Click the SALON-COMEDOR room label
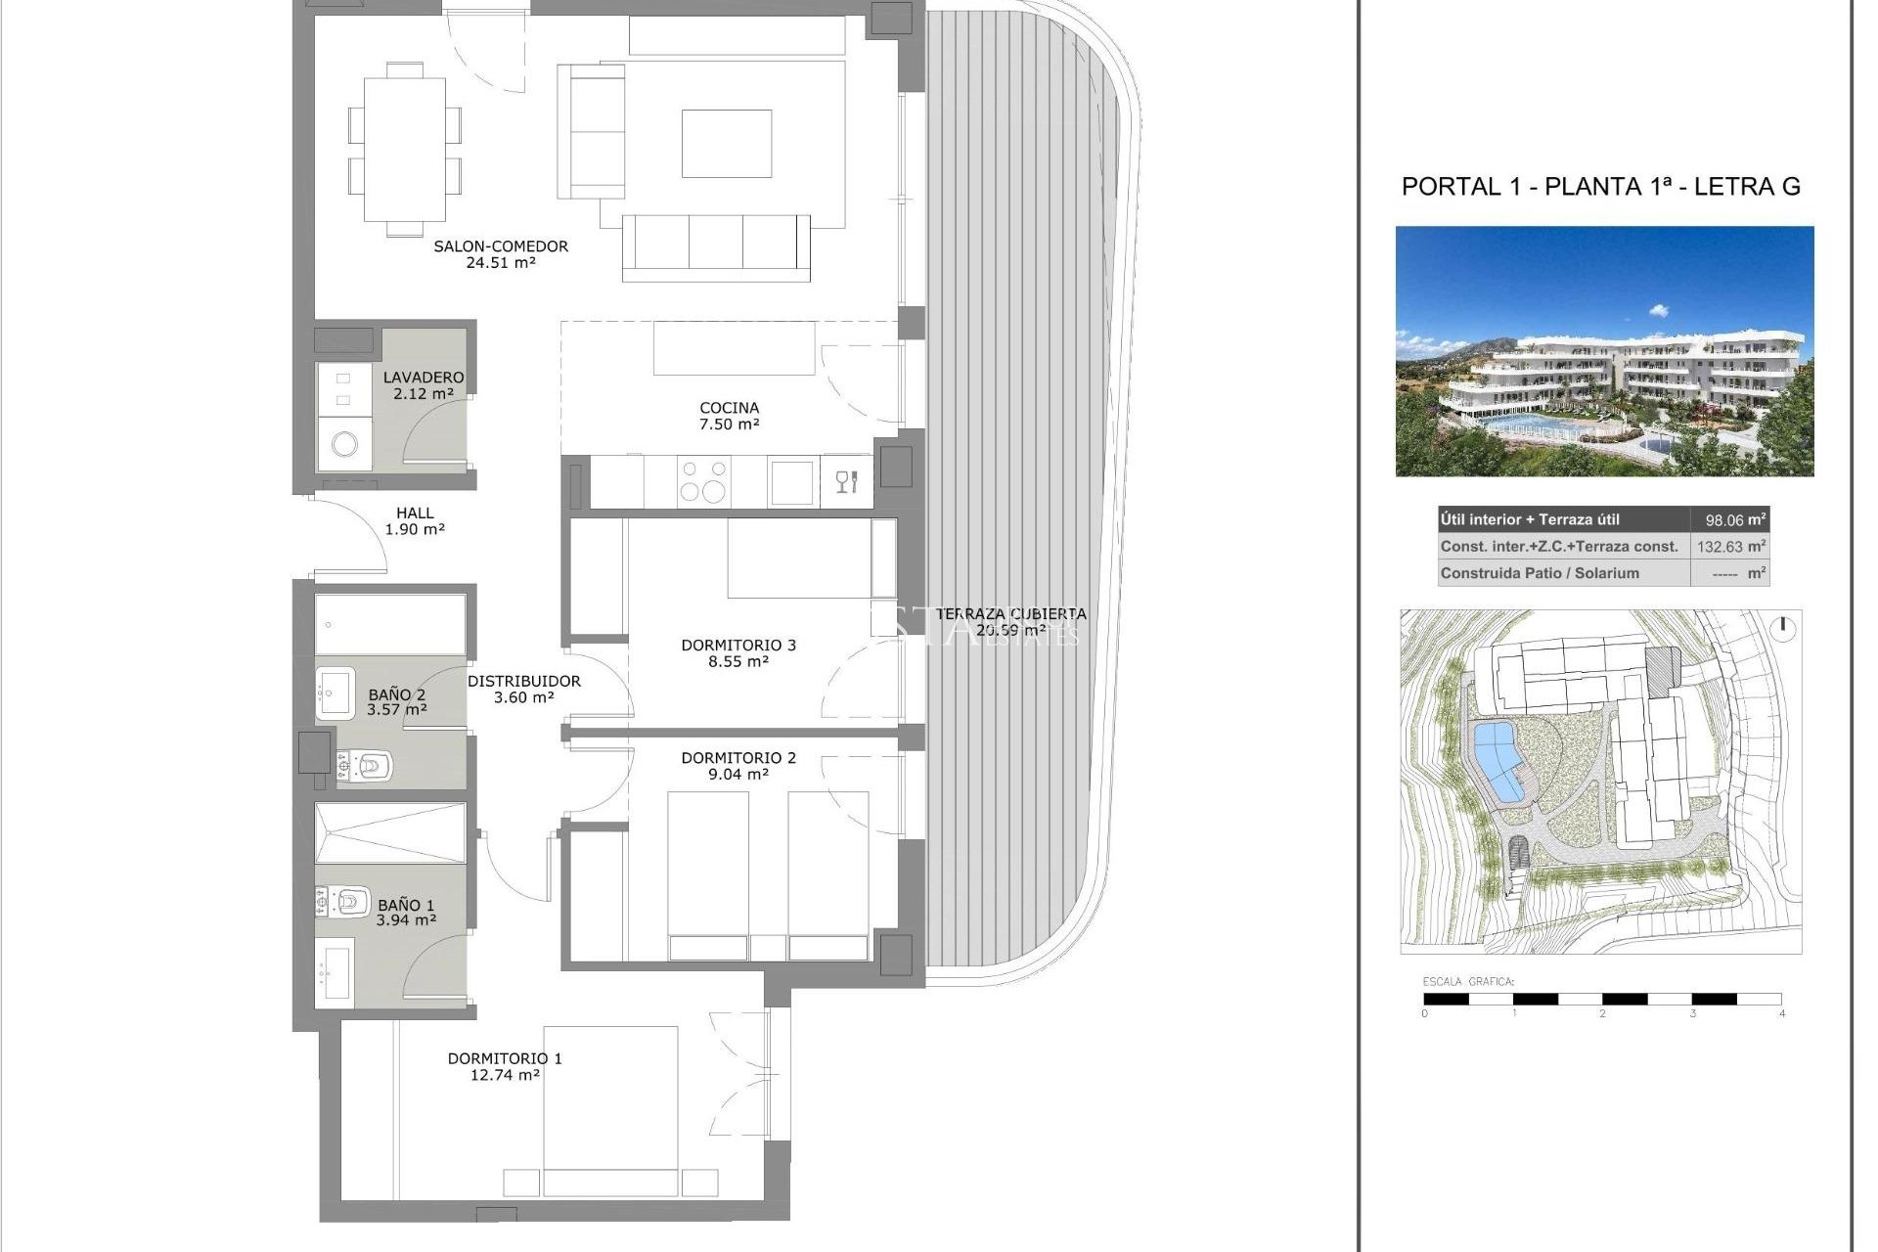501,246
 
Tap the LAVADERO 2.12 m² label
423,385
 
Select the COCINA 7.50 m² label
729,416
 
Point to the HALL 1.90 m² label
415,520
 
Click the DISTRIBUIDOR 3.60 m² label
523,689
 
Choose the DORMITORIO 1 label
505,1058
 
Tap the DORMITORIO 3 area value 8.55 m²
738,662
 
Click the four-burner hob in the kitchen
703,481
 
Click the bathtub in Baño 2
390,624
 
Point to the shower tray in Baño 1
389,833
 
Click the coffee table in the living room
726,144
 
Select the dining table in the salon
405,150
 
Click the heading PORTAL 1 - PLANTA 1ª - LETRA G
1600,187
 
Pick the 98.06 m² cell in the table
1730,520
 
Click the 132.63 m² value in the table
1730,547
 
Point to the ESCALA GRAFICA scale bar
1602,999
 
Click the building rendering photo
1604,352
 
